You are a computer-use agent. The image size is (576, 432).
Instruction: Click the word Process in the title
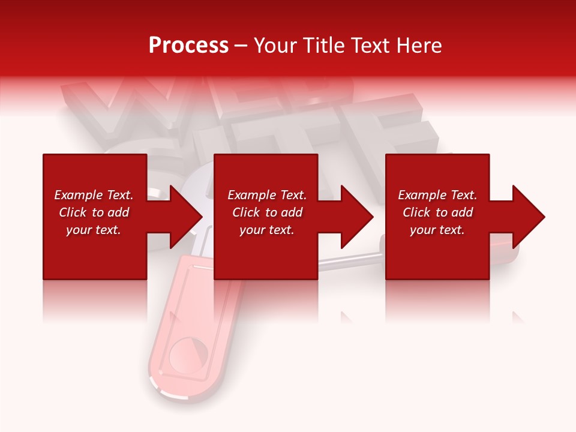point(188,46)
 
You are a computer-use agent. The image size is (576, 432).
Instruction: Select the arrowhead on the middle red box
point(351,217)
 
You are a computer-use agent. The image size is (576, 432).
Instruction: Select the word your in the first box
point(79,230)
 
